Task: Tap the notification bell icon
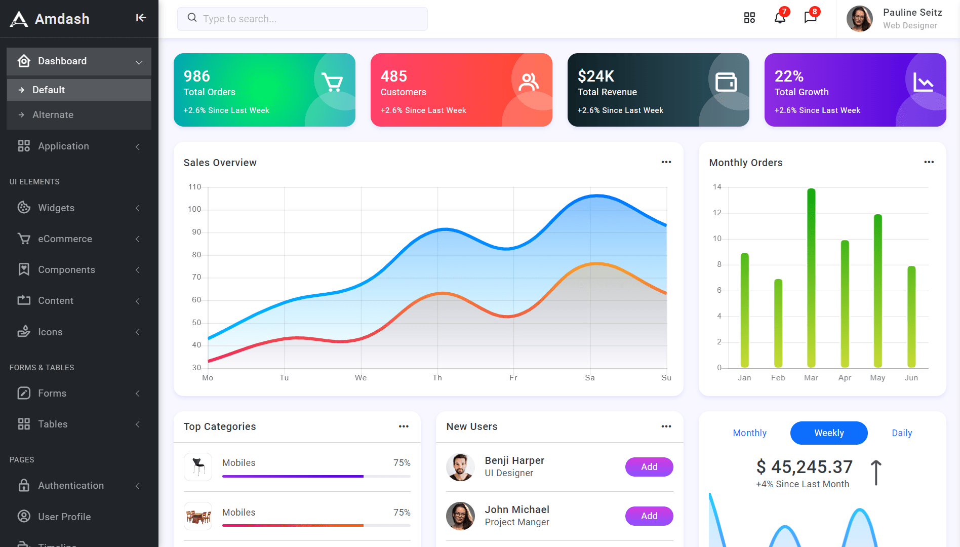[780, 18]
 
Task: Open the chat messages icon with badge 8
[810, 18]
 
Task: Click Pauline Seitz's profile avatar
[859, 19]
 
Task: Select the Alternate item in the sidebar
[53, 115]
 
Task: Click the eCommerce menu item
[65, 239]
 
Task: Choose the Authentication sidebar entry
[71, 486]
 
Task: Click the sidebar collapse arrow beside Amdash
[141, 18]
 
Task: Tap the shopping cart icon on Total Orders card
[332, 82]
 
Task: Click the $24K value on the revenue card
[596, 76]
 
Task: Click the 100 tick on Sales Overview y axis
[194, 209]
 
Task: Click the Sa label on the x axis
[590, 378]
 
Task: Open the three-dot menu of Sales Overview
[666, 162]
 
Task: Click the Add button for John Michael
[649, 516]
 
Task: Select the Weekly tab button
[829, 433]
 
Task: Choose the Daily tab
[902, 433]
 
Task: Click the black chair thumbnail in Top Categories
[198, 466]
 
